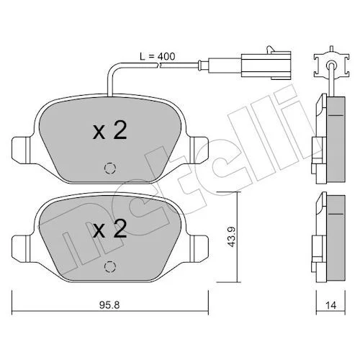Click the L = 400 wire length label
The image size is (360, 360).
158,56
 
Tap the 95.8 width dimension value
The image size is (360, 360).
109,305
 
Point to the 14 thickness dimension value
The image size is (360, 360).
331,305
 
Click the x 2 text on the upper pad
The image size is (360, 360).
110,130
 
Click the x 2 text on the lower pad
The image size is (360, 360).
110,229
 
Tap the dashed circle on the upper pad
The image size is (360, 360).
110,168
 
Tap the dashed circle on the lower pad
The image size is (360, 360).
110,266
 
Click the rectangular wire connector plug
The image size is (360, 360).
266,65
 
